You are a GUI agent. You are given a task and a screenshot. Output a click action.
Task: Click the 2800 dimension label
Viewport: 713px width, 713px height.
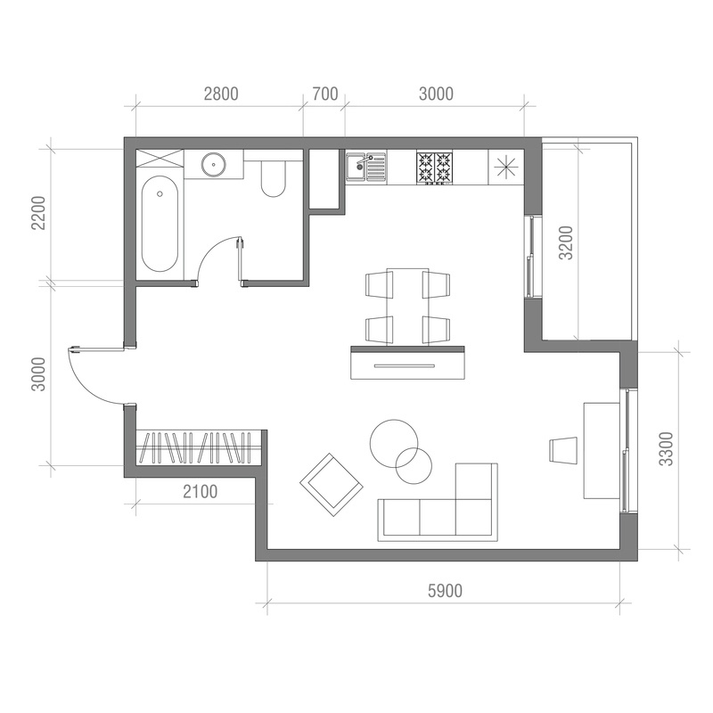click(x=221, y=94)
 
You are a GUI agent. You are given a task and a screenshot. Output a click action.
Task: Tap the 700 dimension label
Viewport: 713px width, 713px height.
click(x=325, y=94)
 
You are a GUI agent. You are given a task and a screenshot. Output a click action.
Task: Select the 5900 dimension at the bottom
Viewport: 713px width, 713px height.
click(x=445, y=591)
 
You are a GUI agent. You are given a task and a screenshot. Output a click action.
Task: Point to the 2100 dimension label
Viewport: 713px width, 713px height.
click(x=200, y=492)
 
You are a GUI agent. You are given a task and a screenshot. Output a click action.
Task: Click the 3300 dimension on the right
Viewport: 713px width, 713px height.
click(x=666, y=449)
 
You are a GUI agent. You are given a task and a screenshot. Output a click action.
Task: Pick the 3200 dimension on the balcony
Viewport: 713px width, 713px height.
click(x=566, y=242)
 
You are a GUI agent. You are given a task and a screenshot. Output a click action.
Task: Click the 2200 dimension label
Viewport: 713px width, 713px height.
click(x=38, y=213)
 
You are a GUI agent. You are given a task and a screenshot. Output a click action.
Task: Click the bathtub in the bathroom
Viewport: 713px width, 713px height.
click(x=160, y=224)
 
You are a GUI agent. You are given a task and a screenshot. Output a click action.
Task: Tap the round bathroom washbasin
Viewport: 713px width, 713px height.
click(x=214, y=164)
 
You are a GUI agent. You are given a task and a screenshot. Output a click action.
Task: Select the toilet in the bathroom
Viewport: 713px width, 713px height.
click(x=274, y=179)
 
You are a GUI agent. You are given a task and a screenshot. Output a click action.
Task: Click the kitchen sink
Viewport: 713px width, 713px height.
click(x=365, y=167)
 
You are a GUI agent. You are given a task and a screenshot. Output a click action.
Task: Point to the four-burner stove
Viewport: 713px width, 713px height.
click(x=435, y=168)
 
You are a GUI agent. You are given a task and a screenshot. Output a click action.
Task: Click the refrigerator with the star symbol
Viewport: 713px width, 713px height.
click(x=506, y=167)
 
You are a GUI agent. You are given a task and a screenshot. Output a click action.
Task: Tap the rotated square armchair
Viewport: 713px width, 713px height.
click(x=332, y=484)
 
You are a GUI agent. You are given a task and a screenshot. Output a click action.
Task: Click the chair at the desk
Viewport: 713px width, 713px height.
click(x=563, y=451)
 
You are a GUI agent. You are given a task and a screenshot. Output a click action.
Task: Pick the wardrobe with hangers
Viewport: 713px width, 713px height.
click(x=198, y=448)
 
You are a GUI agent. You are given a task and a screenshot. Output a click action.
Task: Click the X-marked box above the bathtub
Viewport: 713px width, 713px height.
click(x=160, y=160)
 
